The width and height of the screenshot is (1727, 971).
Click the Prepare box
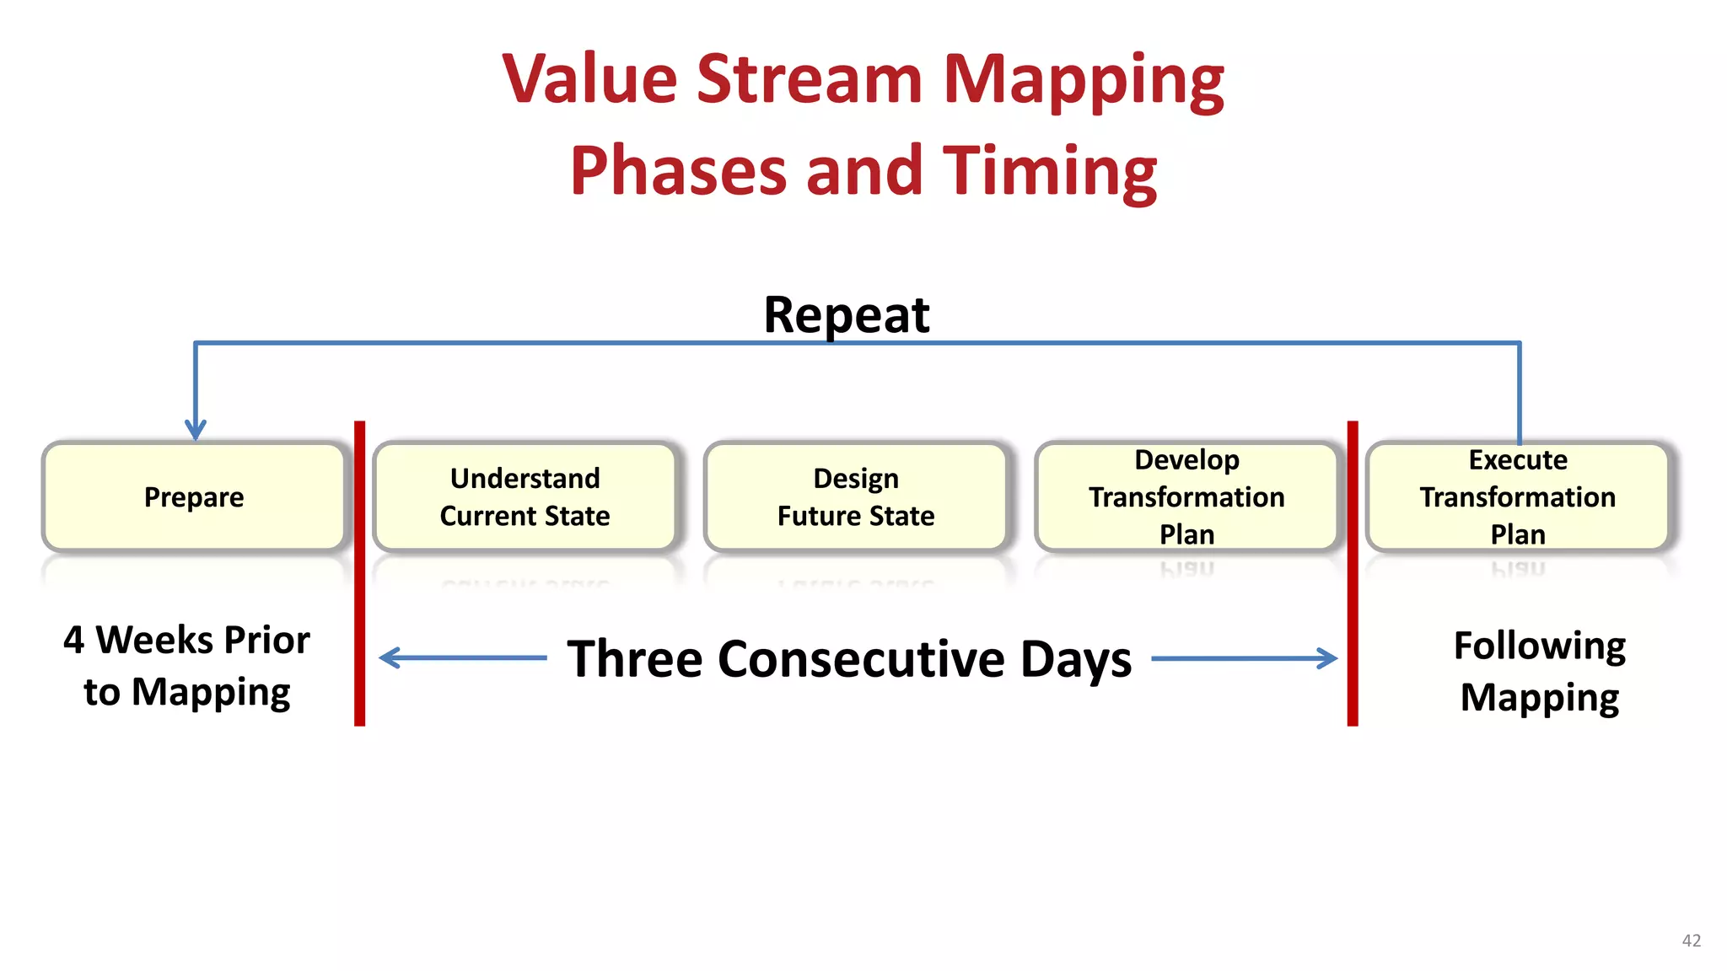(194, 497)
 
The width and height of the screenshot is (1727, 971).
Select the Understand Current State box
(525, 497)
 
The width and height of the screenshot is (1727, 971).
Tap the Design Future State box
(856, 497)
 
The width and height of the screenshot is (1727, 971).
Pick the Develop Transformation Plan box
(1186, 497)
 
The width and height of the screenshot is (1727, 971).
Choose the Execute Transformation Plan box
(1518, 497)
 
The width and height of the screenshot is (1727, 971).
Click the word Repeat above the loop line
(846, 315)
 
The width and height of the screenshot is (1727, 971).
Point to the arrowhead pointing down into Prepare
(196, 430)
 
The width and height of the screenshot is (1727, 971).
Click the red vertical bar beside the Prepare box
(360, 573)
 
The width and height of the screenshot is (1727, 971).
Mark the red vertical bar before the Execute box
(1353, 573)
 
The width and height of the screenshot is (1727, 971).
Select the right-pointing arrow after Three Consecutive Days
(1245, 658)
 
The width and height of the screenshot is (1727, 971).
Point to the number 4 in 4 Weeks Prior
(73, 641)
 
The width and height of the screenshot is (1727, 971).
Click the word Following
(1540, 646)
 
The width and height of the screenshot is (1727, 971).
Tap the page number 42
(1691, 940)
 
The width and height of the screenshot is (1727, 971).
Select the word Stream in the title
(810, 79)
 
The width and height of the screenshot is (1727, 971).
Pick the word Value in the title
(590, 79)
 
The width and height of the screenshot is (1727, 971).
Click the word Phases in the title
(678, 170)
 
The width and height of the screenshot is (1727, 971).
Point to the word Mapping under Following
(1540, 698)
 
